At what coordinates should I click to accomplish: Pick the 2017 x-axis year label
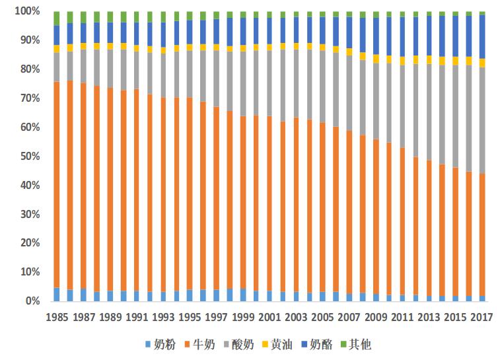tap(482, 316)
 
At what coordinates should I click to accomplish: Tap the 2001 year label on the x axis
tap(269, 316)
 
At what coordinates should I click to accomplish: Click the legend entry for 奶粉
tap(161, 345)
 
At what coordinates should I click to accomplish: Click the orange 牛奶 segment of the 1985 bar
tap(57, 184)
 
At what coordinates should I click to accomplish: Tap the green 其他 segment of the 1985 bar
tap(57, 18)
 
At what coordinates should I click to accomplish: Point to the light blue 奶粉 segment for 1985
tap(57, 294)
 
